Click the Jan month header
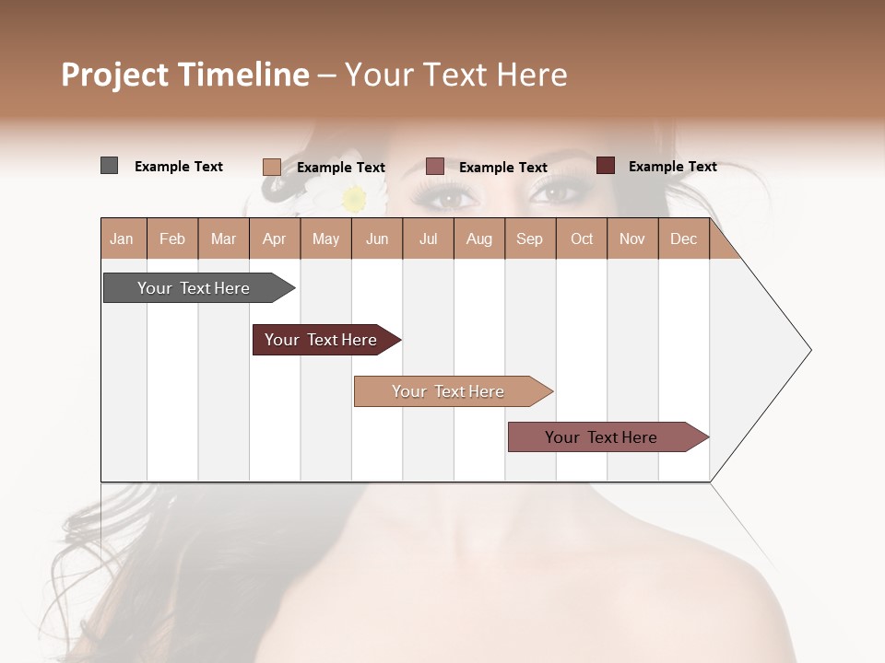coord(123,238)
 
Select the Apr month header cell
coord(275,238)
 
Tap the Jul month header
coord(428,238)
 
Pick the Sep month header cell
coord(530,238)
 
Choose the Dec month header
coord(684,238)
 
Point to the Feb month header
coord(172,238)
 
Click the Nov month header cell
coord(632,238)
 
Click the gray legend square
coord(109,166)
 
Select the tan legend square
coord(271,167)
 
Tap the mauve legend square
coord(435,167)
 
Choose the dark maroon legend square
coord(605,166)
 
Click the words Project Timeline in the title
coord(185,75)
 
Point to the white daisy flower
coord(354,198)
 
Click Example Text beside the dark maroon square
coord(672,167)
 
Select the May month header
coord(325,238)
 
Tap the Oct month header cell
coord(582,238)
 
